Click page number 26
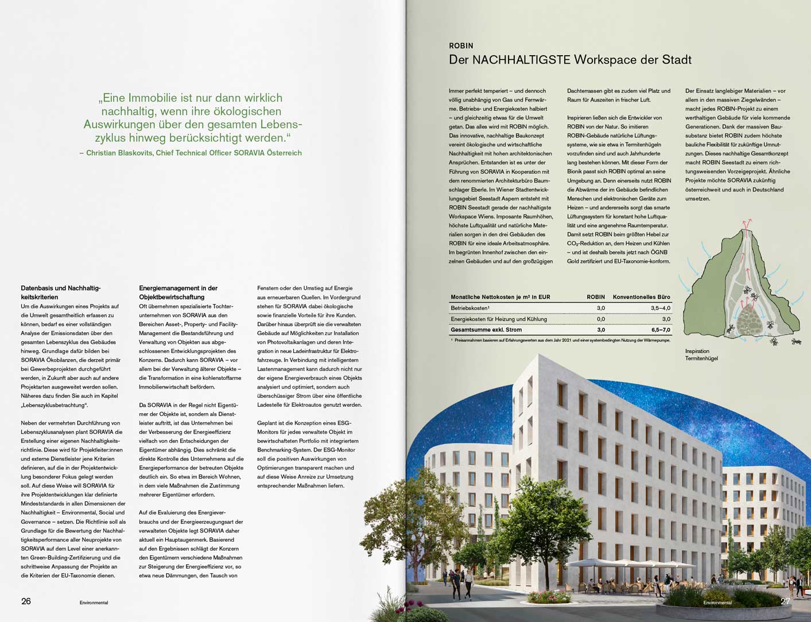coord(26,601)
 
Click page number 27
coord(786,601)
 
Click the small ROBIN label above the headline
coord(461,46)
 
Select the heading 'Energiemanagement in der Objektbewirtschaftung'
coord(178,293)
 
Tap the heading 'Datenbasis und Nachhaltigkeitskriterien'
coord(60,293)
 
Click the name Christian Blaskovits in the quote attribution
coord(120,153)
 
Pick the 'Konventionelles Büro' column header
coord(641,297)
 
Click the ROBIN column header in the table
coord(595,297)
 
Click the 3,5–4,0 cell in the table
coord(660,308)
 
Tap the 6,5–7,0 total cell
coord(660,330)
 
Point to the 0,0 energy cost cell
coord(600,319)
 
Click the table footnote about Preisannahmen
coord(560,341)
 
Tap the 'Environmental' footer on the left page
coord(94,602)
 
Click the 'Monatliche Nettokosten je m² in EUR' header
coord(500,297)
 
